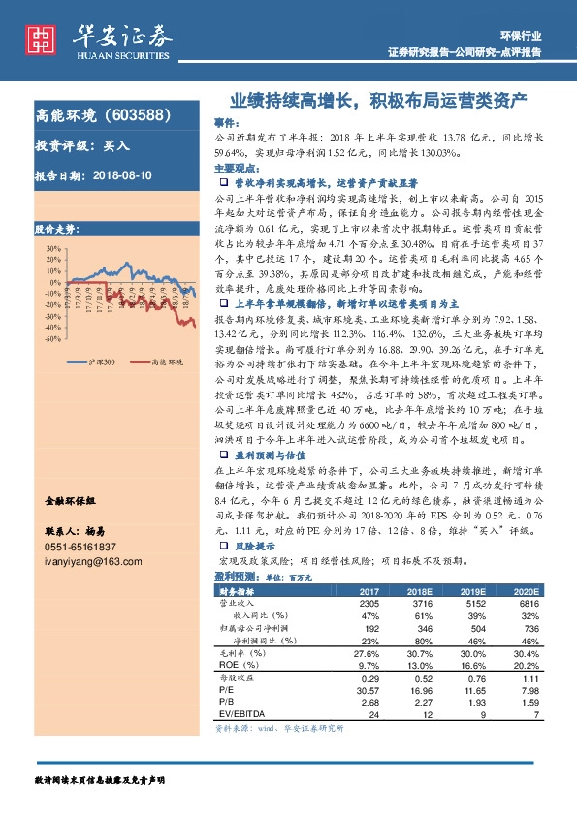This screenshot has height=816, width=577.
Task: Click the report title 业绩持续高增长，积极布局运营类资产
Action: click(377, 99)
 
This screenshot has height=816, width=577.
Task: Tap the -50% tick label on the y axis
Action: click(50, 339)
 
